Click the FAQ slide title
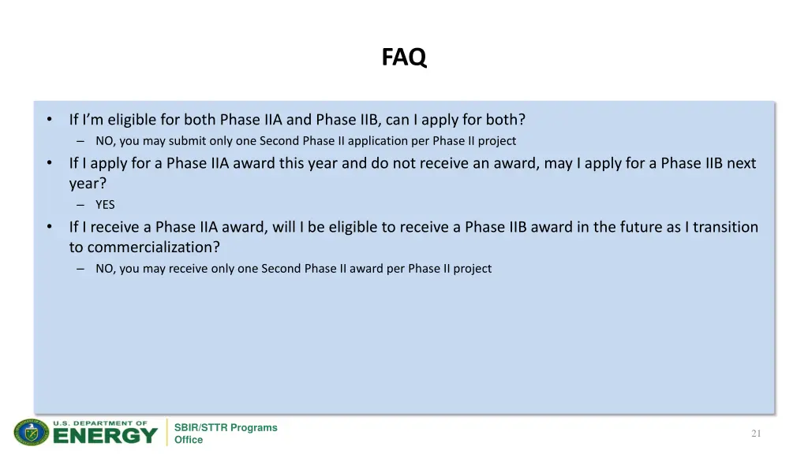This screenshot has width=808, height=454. pos(404,58)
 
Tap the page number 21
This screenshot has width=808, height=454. pos(756,434)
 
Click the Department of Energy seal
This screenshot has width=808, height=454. pos(32,433)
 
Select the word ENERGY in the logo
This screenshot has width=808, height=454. pos(105,434)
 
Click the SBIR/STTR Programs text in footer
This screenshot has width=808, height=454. pos(226,427)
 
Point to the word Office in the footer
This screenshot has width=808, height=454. pos(189,440)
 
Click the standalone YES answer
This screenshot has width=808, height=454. pos(105,205)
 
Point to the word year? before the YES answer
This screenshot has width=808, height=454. pos(88,183)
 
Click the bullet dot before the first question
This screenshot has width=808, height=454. pos(49,120)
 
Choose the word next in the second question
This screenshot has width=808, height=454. pos(741,163)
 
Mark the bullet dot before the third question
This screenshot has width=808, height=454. pos(49,227)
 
